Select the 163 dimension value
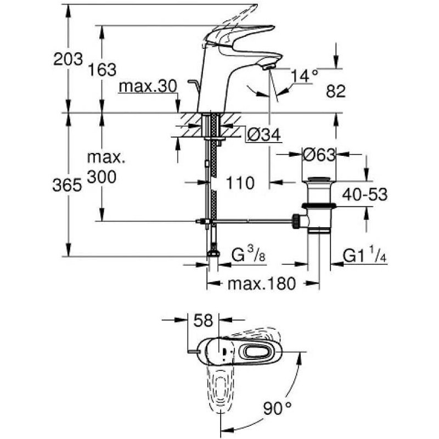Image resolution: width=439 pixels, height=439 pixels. [x=103, y=70]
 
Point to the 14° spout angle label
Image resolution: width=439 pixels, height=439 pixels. [x=304, y=75]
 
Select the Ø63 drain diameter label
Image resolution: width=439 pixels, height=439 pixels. [x=319, y=156]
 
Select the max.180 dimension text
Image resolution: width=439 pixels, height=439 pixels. [x=262, y=283]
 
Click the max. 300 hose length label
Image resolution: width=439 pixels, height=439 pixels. [x=106, y=168]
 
